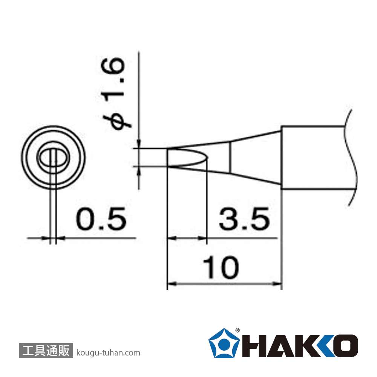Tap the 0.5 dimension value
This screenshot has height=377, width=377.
[101, 219]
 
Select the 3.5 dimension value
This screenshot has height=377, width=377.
[244, 219]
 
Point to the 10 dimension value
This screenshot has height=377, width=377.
[221, 267]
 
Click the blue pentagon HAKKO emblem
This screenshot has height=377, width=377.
[224, 343]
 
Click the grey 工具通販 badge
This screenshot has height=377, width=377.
[46, 350]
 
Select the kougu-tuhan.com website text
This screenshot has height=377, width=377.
[108, 353]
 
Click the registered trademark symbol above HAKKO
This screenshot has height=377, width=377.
[237, 330]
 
